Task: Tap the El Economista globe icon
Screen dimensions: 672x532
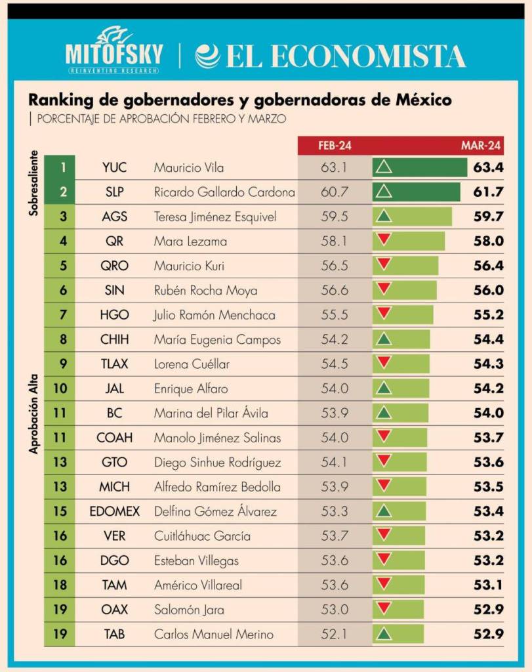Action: coord(208,56)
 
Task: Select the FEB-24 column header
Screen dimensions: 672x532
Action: coord(335,146)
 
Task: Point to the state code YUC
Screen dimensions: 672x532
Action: coord(114,167)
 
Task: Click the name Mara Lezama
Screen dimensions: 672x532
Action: coord(190,241)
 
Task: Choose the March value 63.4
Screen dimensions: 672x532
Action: coord(487,167)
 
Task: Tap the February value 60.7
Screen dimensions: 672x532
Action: coord(334,192)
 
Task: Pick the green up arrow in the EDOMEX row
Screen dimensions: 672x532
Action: coord(384,511)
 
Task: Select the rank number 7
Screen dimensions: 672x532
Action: coord(63,315)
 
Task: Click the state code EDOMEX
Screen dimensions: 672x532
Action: coord(115,511)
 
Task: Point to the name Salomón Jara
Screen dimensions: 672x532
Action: coord(189,610)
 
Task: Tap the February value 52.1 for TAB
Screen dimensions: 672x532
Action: coord(334,635)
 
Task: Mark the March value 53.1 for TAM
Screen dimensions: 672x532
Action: coord(488,585)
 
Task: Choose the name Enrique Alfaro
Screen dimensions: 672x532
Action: coord(192,388)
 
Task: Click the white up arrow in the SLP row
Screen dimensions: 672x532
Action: coord(384,192)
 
